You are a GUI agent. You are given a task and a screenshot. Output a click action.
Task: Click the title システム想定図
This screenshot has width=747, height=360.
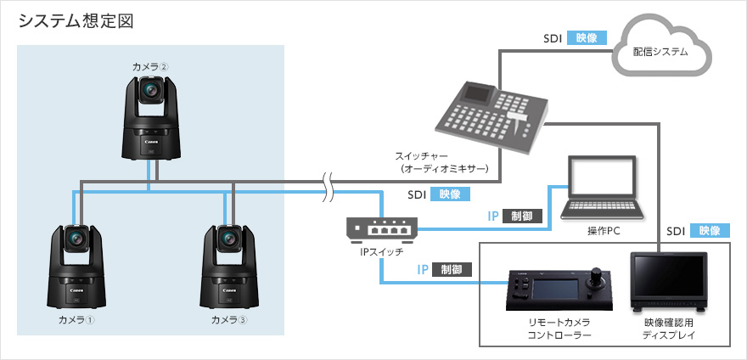(76, 20)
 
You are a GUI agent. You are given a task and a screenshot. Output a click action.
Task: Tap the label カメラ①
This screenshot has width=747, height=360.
(76, 320)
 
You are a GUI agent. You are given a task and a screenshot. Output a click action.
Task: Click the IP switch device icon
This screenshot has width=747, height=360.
(382, 228)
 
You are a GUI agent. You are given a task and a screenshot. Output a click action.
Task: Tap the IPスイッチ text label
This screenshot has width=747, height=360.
(382, 252)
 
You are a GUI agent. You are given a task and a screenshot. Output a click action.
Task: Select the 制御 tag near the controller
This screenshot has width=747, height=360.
(452, 270)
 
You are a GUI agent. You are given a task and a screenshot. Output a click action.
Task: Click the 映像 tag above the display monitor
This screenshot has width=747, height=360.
(710, 230)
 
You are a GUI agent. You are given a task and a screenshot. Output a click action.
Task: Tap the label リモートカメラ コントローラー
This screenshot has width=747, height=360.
(559, 329)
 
